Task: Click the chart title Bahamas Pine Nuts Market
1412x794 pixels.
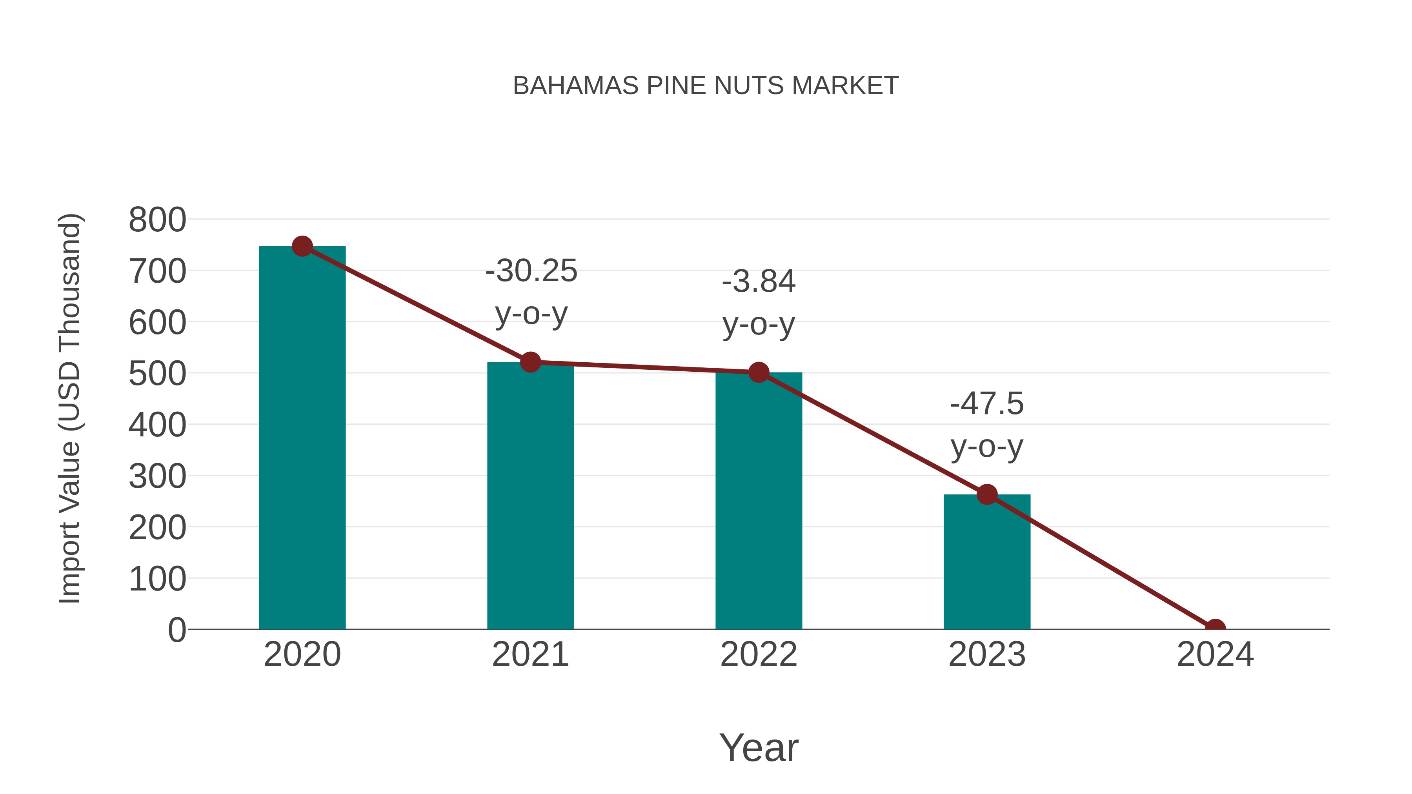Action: [x=706, y=86]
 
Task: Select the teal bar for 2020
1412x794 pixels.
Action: [x=302, y=438]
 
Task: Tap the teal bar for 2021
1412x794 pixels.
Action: [x=530, y=496]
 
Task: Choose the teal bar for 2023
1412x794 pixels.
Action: [x=987, y=561]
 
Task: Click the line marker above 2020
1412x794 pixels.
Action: [x=302, y=247]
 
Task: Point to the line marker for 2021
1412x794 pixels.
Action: [x=530, y=362]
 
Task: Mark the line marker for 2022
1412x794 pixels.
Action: [x=759, y=372]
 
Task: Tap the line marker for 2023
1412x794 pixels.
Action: [x=987, y=494]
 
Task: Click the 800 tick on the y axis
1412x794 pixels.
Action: [x=157, y=220]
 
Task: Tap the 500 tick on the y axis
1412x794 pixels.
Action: [x=157, y=374]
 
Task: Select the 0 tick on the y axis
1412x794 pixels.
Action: [x=176, y=630]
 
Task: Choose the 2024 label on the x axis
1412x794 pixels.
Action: [x=1215, y=654]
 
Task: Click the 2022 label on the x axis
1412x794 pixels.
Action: [x=759, y=654]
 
